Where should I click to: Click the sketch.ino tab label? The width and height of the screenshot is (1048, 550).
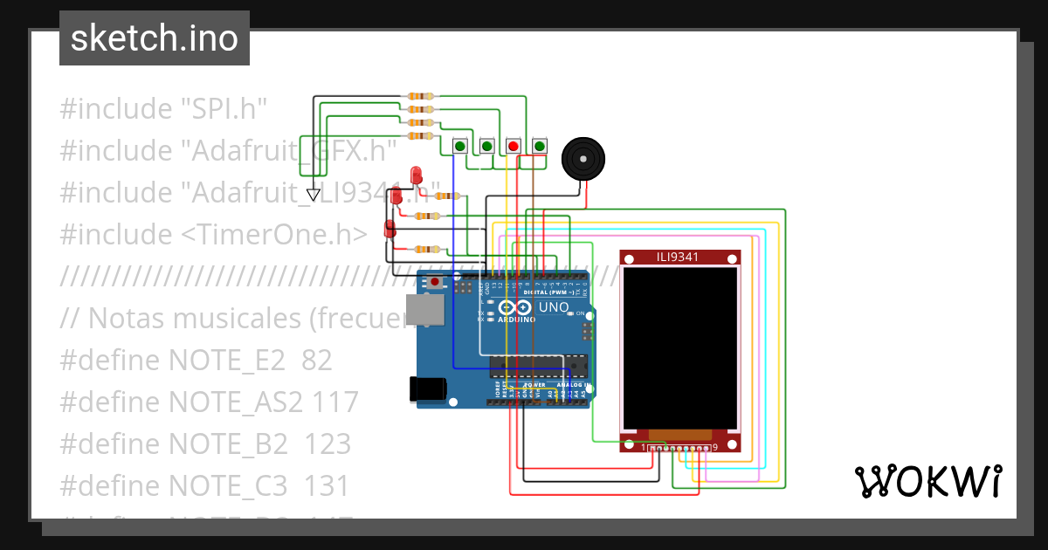pyautogui.click(x=155, y=38)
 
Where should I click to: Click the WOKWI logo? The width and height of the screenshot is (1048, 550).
pyautogui.click(x=927, y=481)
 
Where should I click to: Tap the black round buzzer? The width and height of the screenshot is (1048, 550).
pyautogui.click(x=582, y=159)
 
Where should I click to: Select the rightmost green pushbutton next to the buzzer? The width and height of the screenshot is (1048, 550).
pyautogui.click(x=539, y=146)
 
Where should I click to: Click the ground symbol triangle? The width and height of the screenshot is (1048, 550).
pyautogui.click(x=313, y=194)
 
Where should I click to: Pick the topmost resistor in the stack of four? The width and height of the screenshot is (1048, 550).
pyautogui.click(x=421, y=96)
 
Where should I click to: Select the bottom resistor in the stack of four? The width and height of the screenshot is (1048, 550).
pyautogui.click(x=421, y=135)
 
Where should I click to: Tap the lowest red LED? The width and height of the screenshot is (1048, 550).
pyautogui.click(x=390, y=229)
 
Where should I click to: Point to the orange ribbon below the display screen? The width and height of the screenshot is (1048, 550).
pyautogui.click(x=679, y=434)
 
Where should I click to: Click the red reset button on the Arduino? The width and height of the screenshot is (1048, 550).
pyautogui.click(x=434, y=282)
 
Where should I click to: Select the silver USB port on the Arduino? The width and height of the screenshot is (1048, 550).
pyautogui.click(x=424, y=312)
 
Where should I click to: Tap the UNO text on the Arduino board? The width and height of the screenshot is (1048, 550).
pyautogui.click(x=554, y=307)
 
